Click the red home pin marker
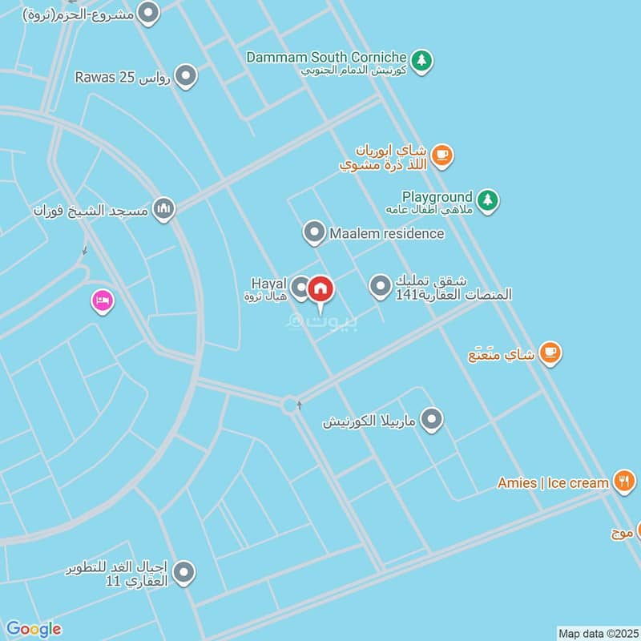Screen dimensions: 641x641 point(320,289)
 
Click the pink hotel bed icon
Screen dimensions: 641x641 point(103,302)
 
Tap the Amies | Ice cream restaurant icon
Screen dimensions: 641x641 point(623,481)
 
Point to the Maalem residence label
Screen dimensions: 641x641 point(386,233)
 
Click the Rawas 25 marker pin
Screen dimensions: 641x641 point(186,77)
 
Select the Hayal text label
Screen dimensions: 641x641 point(268,284)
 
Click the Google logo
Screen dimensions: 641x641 point(34,629)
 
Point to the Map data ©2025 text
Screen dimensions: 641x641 point(597,633)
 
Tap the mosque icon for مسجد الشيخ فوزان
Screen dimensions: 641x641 point(164,209)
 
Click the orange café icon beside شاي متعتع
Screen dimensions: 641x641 point(550,352)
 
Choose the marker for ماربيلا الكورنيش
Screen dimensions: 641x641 point(433,419)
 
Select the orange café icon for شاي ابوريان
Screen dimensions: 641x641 point(441,155)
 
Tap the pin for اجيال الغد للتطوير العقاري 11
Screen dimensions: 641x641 point(185,573)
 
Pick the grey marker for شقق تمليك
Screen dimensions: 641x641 point(381,285)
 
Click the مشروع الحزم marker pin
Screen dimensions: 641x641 point(148,12)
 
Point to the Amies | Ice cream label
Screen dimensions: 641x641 point(553,482)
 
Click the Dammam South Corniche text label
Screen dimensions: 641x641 point(327,57)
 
